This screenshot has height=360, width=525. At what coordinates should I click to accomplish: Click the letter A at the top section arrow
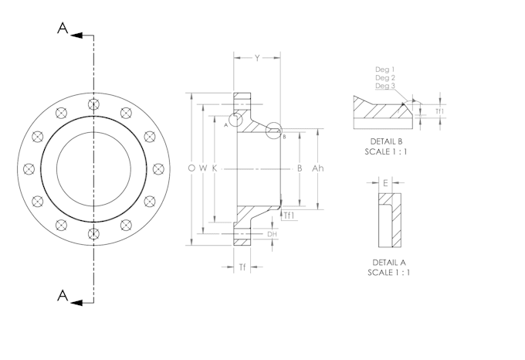(63, 29)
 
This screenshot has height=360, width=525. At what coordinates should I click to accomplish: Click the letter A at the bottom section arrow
(63, 296)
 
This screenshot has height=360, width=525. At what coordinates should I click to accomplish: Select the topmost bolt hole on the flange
(93, 104)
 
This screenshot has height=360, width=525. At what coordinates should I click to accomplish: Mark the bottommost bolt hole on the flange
(93, 233)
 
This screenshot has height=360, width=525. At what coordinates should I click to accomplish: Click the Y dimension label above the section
(257, 58)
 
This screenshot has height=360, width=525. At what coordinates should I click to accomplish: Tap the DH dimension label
(271, 234)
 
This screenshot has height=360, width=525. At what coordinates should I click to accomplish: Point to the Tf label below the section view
(242, 267)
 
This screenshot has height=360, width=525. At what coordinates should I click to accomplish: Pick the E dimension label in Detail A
(385, 183)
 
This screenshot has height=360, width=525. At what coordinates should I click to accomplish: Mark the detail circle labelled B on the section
(274, 131)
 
